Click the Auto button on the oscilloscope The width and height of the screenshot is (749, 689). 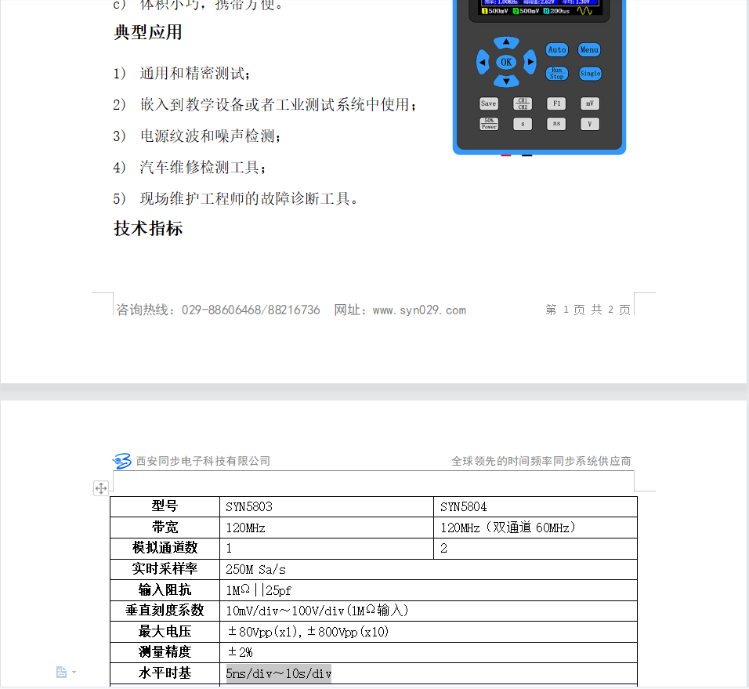[556, 49]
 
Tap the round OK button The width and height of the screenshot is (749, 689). [506, 62]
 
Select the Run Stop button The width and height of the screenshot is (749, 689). [556, 73]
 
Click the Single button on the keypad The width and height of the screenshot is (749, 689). [590, 73]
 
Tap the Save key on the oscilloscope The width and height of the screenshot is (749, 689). [489, 103]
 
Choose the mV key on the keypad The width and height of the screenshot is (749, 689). [590, 103]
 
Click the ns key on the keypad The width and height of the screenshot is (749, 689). [556, 124]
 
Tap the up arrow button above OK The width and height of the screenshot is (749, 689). [506, 42]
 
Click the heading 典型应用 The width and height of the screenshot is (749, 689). [148, 32]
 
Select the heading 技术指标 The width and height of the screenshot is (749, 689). [148, 228]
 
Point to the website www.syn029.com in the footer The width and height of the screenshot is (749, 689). [419, 310]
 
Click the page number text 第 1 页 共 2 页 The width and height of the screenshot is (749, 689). [588, 310]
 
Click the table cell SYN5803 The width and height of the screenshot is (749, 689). [249, 506]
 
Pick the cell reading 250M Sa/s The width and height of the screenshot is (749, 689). [256, 570]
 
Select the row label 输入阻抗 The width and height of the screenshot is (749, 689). [165, 590]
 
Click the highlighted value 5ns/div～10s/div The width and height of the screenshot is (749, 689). [279, 673]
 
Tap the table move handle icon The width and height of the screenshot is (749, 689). [101, 488]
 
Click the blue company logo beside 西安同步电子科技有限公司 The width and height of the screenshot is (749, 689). [122, 461]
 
